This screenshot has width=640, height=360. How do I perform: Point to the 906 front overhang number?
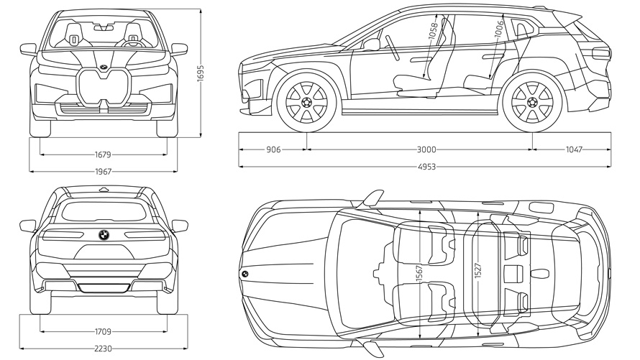pyautogui.click(x=273, y=149)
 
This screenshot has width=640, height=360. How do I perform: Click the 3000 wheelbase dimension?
pyautogui.click(x=426, y=149)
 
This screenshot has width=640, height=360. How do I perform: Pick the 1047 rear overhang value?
pyautogui.click(x=573, y=149)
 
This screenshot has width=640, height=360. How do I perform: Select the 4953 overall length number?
pyautogui.click(x=426, y=166)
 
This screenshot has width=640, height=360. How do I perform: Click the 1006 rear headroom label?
pyautogui.click(x=498, y=30)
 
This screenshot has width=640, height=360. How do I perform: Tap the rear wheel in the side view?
pyautogui.click(x=532, y=103)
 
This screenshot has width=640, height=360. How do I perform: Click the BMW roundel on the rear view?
pyautogui.click(x=104, y=234)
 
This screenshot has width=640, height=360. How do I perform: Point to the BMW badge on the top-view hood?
pyautogui.click(x=244, y=274)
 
